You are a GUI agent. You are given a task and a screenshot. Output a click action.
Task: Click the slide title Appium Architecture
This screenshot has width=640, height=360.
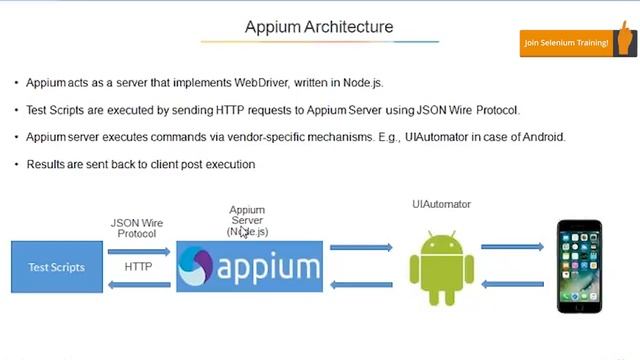[x=319, y=27]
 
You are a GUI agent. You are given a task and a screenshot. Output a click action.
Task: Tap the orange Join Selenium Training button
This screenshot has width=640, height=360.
[x=566, y=43]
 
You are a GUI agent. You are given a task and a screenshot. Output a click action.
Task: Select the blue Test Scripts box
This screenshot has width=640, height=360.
[x=56, y=267]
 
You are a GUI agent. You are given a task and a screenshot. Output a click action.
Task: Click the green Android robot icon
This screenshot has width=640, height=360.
[x=441, y=267]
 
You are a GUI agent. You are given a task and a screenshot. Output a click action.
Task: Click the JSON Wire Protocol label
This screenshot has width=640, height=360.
[x=137, y=228]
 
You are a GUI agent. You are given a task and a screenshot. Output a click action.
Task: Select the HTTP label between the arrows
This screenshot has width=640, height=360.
[x=138, y=267]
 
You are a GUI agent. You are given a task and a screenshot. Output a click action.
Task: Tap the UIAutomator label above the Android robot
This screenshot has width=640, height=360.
[x=441, y=204]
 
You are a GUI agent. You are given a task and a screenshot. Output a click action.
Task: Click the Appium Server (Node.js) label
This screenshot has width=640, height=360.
[x=247, y=221]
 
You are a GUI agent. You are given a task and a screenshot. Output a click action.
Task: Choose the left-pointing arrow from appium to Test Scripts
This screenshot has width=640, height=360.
[x=138, y=285]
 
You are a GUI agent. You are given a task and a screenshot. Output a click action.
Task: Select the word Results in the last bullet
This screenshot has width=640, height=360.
[x=44, y=164]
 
